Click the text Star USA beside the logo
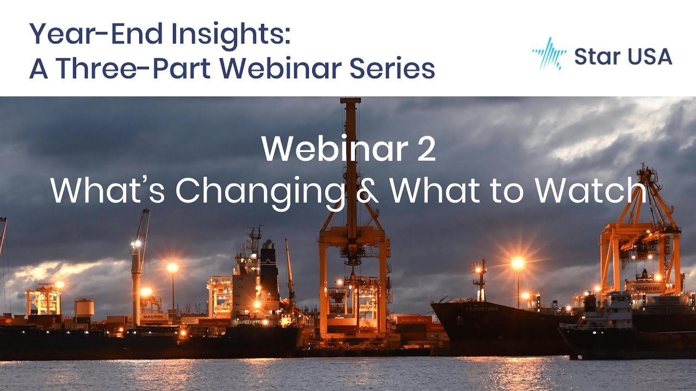(623, 56)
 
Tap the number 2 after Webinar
(427, 149)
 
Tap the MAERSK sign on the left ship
(154, 316)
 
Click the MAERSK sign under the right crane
(649, 288)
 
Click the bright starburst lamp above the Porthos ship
(518, 263)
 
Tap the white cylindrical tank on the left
(84, 307)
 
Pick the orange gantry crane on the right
(642, 234)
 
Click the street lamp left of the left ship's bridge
(172, 268)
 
